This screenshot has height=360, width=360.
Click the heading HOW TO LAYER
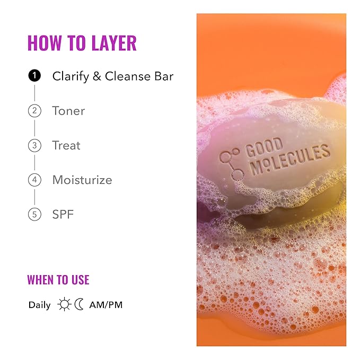point(82,43)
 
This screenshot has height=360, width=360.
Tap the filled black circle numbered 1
point(34,76)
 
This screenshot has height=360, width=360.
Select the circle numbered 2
point(34,111)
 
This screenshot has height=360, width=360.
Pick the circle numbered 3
point(34,145)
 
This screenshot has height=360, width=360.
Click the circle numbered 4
point(34,180)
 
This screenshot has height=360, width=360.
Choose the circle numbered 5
point(34,215)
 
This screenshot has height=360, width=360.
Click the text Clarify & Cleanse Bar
point(112,76)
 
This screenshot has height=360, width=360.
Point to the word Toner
point(68,111)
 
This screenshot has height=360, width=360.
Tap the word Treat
point(66,145)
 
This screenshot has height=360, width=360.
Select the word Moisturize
point(82,180)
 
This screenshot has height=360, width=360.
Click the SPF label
point(63,215)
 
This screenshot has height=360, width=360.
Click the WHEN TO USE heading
point(58,279)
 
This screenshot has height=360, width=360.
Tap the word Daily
point(40,305)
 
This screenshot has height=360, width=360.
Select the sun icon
point(65,304)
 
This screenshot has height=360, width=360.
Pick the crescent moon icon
point(79,304)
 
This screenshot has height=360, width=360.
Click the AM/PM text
point(106,305)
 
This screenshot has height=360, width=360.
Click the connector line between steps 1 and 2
point(34,93)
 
